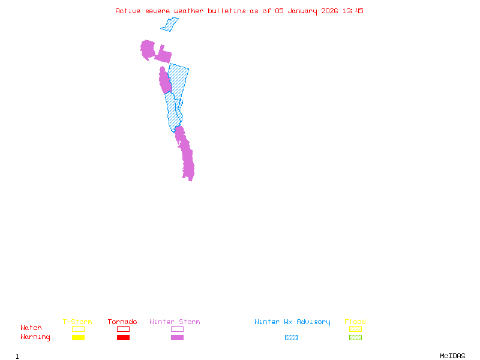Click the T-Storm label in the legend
(x=77, y=322)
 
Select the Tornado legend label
(x=122, y=322)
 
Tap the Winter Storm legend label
(x=175, y=322)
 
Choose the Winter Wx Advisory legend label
(x=292, y=322)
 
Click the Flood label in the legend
(x=355, y=322)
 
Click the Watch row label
(x=31, y=328)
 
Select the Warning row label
(x=35, y=337)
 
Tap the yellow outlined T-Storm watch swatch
(x=78, y=329)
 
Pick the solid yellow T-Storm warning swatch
(x=78, y=337)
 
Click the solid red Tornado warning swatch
(x=123, y=337)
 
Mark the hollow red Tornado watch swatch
(x=123, y=329)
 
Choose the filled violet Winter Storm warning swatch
(x=177, y=337)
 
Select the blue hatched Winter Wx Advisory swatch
(x=291, y=337)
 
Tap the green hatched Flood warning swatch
(x=355, y=337)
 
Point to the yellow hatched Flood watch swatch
(x=355, y=329)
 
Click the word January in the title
(x=300, y=11)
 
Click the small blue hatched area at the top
(x=170, y=25)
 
